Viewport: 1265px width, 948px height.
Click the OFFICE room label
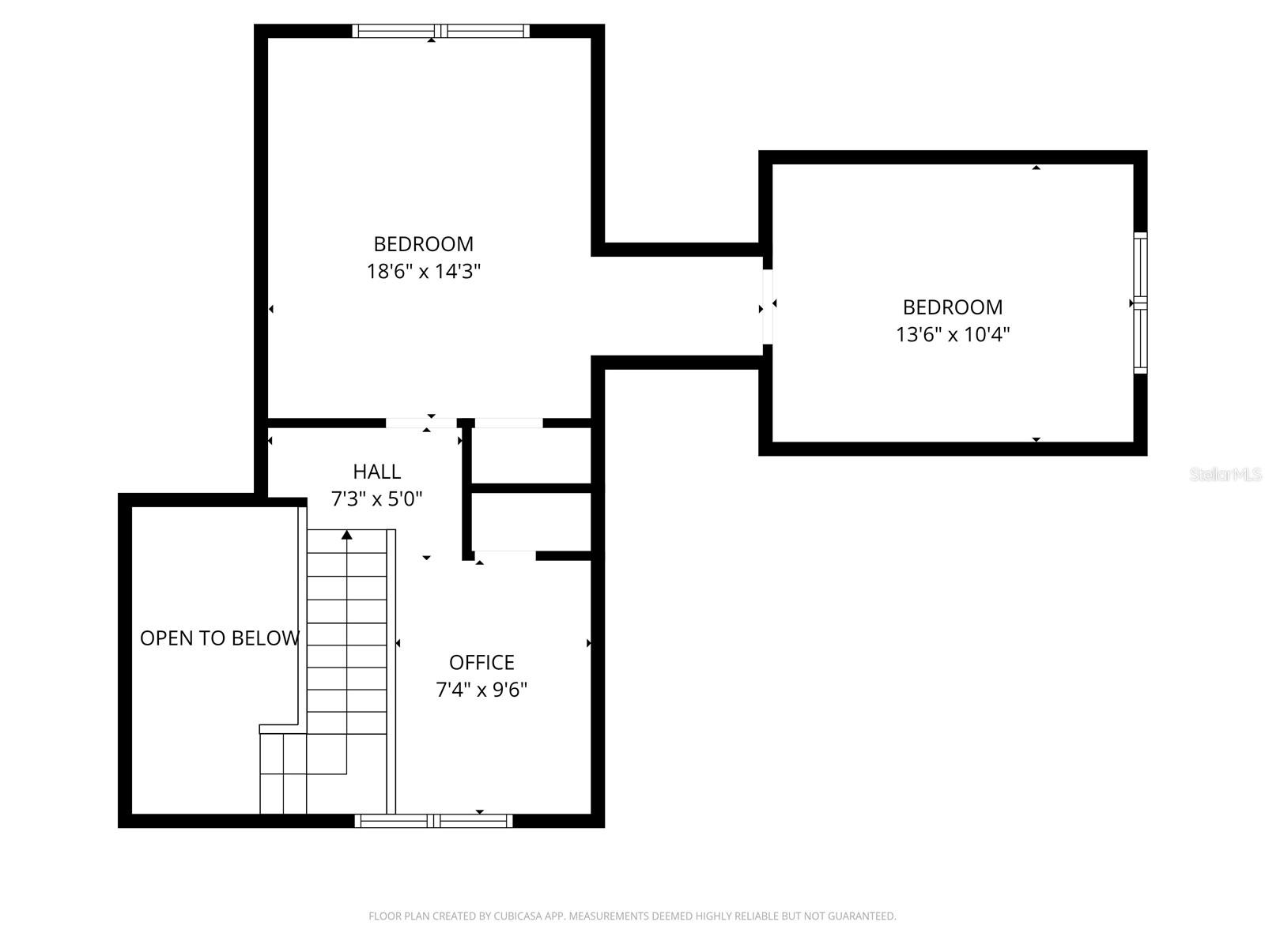pos(481,662)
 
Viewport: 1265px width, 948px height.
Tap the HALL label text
pos(376,472)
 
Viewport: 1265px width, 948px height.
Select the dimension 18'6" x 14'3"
pos(424,272)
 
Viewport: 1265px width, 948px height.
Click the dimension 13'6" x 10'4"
pos(953,335)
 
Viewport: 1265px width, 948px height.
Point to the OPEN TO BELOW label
pos(220,638)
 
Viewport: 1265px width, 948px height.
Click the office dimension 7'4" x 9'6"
pos(481,690)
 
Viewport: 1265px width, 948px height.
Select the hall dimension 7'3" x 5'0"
pos(376,499)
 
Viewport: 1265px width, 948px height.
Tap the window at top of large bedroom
pos(440,32)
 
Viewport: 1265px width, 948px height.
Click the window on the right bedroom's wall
pos(1139,303)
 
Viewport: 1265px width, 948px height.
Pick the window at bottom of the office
pos(433,821)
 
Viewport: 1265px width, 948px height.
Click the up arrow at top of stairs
pos(346,536)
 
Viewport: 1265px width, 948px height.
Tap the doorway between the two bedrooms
pos(767,307)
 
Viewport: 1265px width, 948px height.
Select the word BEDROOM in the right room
pos(953,307)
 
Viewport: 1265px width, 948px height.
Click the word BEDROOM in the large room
pos(424,244)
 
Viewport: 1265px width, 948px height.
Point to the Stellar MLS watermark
pos(1225,475)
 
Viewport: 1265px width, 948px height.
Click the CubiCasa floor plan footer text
pos(632,916)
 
